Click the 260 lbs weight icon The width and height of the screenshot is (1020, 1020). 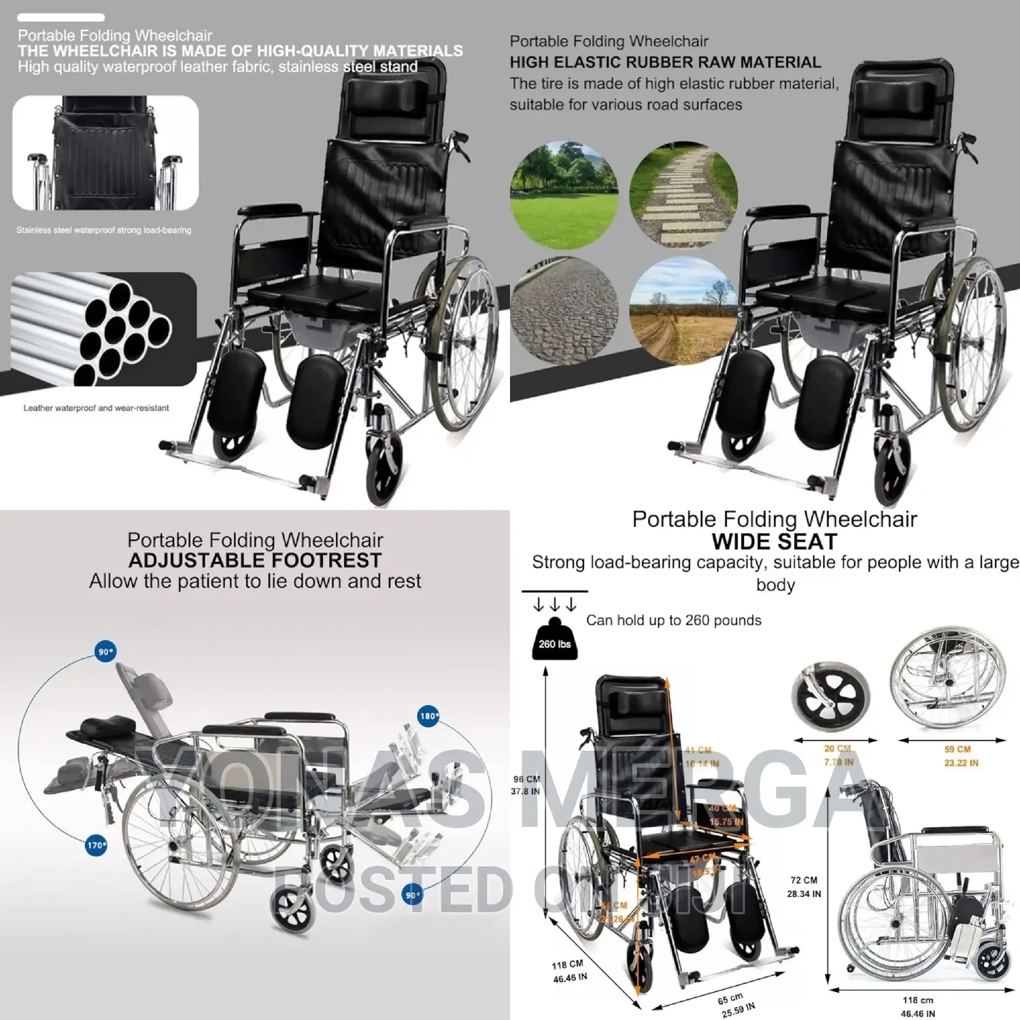pos(554,640)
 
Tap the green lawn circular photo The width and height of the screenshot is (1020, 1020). pos(564,195)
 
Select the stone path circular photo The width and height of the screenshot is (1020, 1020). pos(683,195)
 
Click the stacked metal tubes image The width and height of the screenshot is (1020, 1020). pos(104,329)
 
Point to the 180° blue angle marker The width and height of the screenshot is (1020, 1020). pos(428,716)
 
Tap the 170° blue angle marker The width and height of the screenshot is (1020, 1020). pos(97,845)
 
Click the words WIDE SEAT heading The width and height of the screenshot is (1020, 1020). pos(774,542)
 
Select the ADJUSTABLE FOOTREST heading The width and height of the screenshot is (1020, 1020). pos(255,560)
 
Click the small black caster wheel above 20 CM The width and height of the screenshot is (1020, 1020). pos(831,698)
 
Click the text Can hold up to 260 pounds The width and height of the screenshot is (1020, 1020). pos(673,620)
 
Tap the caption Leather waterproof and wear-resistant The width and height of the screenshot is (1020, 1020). pos(96,408)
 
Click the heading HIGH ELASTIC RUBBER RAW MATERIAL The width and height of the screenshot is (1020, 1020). pos(665,63)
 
